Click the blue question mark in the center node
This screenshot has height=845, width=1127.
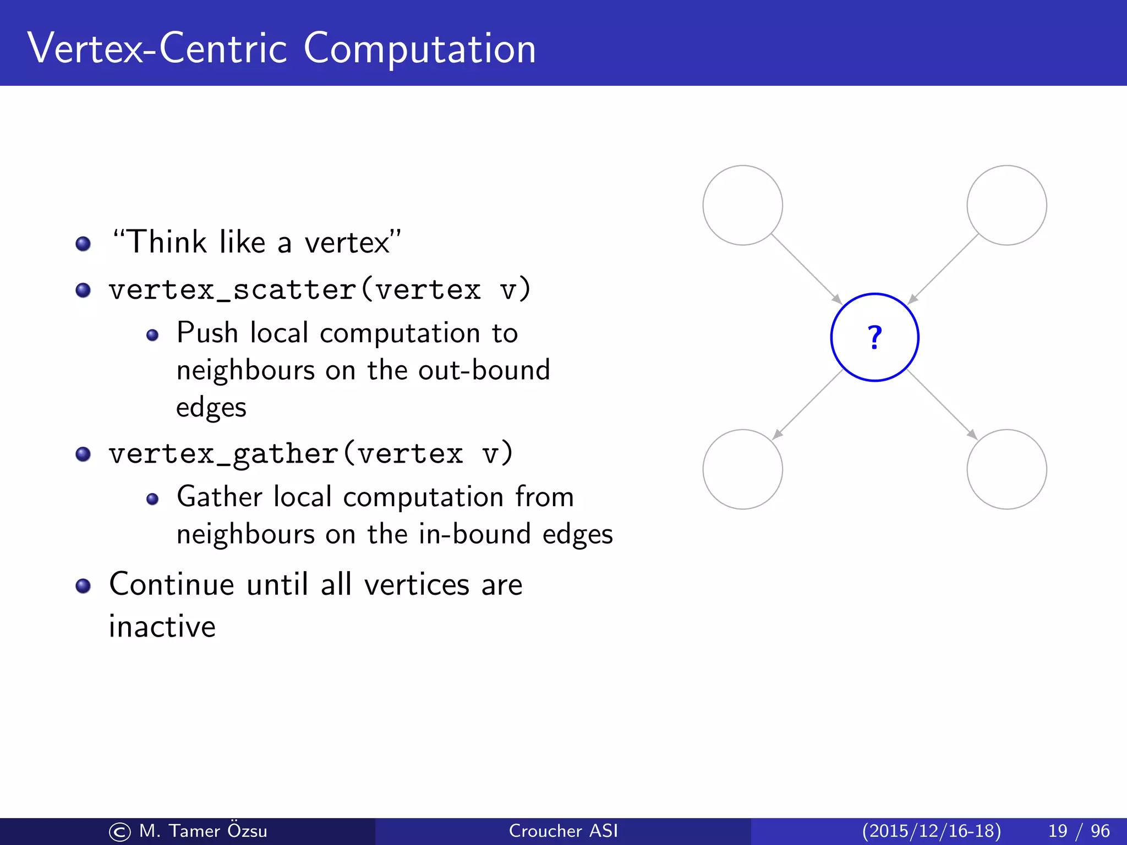click(874, 337)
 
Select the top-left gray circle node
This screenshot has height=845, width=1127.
click(742, 205)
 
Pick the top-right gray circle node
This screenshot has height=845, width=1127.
click(1006, 205)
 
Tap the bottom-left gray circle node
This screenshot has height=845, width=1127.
click(742, 469)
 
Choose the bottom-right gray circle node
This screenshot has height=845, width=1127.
click(1006, 469)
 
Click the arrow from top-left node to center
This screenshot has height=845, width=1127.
click(806, 268)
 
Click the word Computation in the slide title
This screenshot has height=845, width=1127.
click(419, 48)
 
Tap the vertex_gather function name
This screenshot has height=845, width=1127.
click(223, 454)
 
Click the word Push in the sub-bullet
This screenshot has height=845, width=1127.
click(207, 333)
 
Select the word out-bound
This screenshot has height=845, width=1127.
click(484, 370)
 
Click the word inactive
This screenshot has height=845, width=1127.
click(162, 627)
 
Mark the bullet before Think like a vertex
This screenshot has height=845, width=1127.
click(83, 243)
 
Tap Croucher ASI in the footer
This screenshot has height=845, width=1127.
click(563, 831)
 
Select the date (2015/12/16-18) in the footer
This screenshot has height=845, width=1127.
click(931, 831)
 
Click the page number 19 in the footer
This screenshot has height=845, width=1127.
click(1058, 831)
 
